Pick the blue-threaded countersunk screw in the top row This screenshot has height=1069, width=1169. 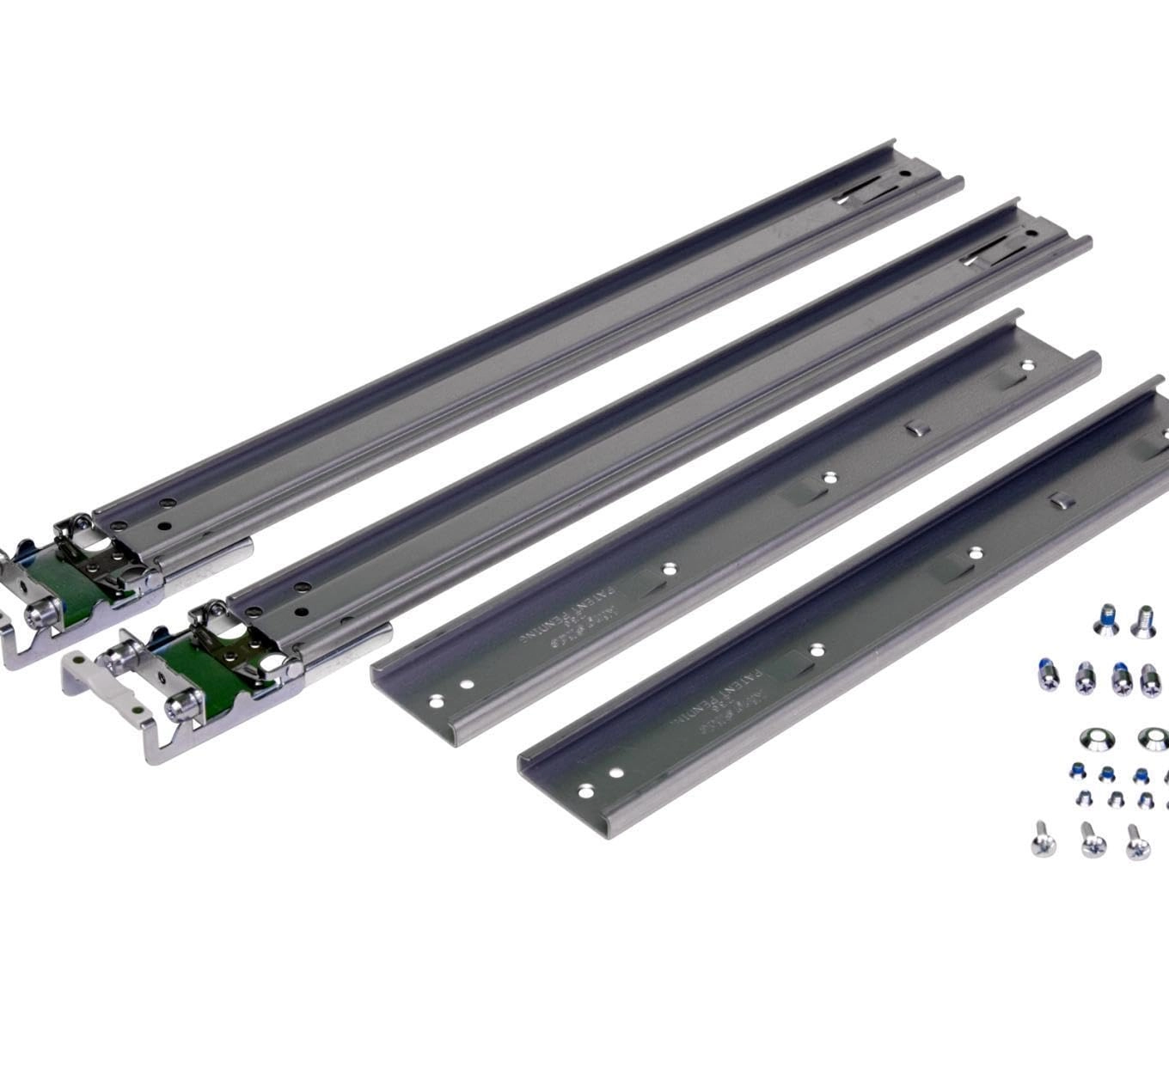[x=1106, y=618]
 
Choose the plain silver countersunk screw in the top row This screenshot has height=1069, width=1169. [x=1143, y=620]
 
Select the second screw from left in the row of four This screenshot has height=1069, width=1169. [x=1085, y=677]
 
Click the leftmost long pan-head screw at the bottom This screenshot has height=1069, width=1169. [x=1042, y=839]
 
